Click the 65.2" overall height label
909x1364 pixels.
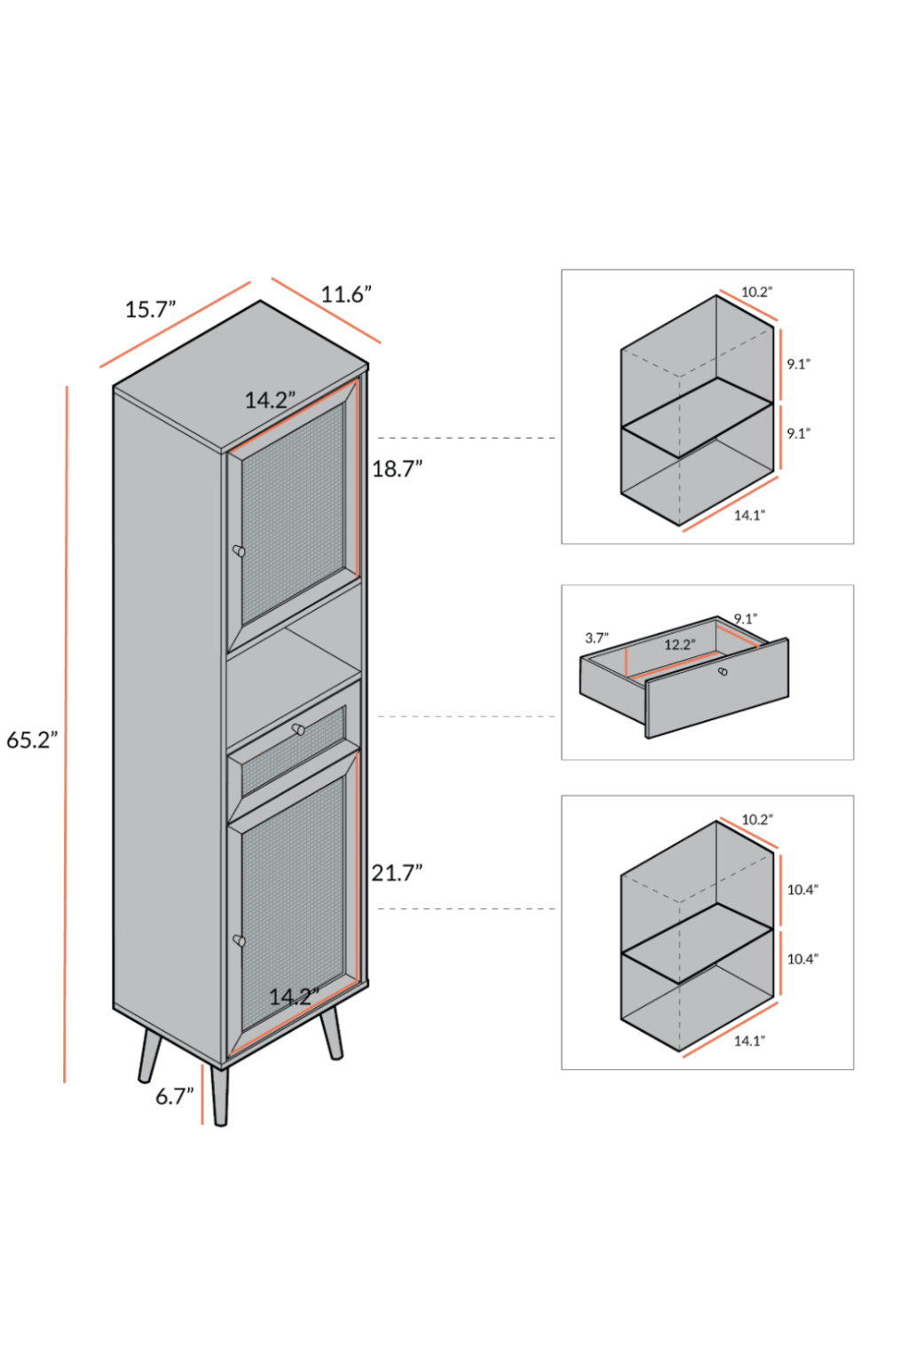[x=32, y=740]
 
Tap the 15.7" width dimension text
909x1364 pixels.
[x=150, y=310]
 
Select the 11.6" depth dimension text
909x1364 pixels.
[x=345, y=294]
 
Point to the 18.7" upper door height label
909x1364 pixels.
[x=397, y=469]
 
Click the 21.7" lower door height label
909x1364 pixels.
[x=397, y=873]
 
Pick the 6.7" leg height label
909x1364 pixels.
[x=174, y=1097]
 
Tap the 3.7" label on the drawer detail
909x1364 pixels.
[x=597, y=638]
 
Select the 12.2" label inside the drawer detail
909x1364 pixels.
[x=680, y=645]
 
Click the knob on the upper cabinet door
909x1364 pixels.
[x=239, y=551]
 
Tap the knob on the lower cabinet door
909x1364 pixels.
[x=239, y=940]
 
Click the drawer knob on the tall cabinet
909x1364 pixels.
[x=298, y=730]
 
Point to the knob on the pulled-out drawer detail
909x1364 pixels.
[x=723, y=671]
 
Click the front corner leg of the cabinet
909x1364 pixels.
[x=219, y=1096]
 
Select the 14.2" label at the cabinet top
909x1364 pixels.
[x=270, y=400]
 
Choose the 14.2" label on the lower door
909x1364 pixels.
[x=294, y=997]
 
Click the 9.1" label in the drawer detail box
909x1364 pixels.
[x=746, y=619]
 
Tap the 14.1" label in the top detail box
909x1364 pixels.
[x=749, y=515]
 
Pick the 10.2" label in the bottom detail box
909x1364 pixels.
[x=757, y=820]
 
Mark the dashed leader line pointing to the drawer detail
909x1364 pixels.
[x=467, y=717]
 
